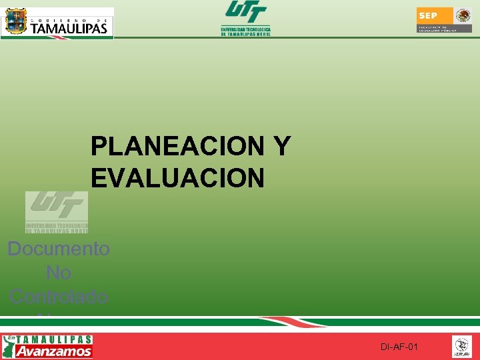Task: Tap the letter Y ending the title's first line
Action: (x=281, y=147)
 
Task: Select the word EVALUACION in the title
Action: (x=177, y=178)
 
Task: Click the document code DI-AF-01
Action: (x=399, y=347)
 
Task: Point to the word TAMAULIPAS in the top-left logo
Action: (x=69, y=28)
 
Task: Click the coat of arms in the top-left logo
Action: (x=15, y=22)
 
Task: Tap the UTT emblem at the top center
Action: (x=246, y=12)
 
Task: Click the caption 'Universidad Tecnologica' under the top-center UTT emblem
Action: (x=246, y=29)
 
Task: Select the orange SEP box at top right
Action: (x=429, y=15)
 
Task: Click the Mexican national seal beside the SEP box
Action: (x=463, y=16)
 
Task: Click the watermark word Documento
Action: (x=59, y=249)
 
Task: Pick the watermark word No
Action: (x=59, y=273)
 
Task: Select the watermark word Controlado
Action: (x=59, y=296)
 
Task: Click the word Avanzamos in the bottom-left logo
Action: (x=53, y=351)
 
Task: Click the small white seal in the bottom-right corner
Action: (x=462, y=347)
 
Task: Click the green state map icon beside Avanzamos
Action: (x=9, y=347)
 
